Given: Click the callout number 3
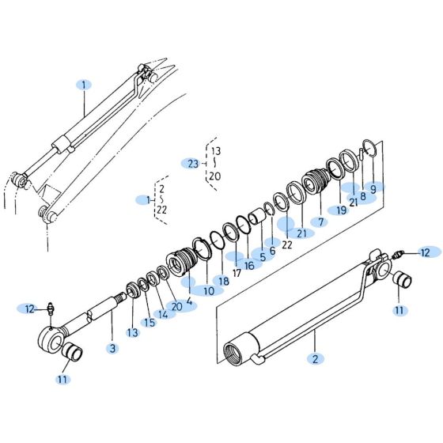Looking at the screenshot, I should click(112, 348).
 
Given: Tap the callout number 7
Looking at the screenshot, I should click(322, 222).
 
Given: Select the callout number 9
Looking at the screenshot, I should click(373, 189).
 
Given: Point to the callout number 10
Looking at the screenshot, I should click(209, 290).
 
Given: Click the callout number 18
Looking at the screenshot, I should click(224, 281).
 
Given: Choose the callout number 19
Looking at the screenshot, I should click(341, 210).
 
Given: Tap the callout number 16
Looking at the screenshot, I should click(250, 265).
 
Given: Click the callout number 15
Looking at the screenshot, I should click(149, 322).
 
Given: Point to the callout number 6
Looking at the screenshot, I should click(272, 250).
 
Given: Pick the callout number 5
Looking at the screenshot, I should click(261, 257).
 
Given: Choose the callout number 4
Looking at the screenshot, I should click(189, 301).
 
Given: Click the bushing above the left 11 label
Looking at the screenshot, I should click(72, 350).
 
